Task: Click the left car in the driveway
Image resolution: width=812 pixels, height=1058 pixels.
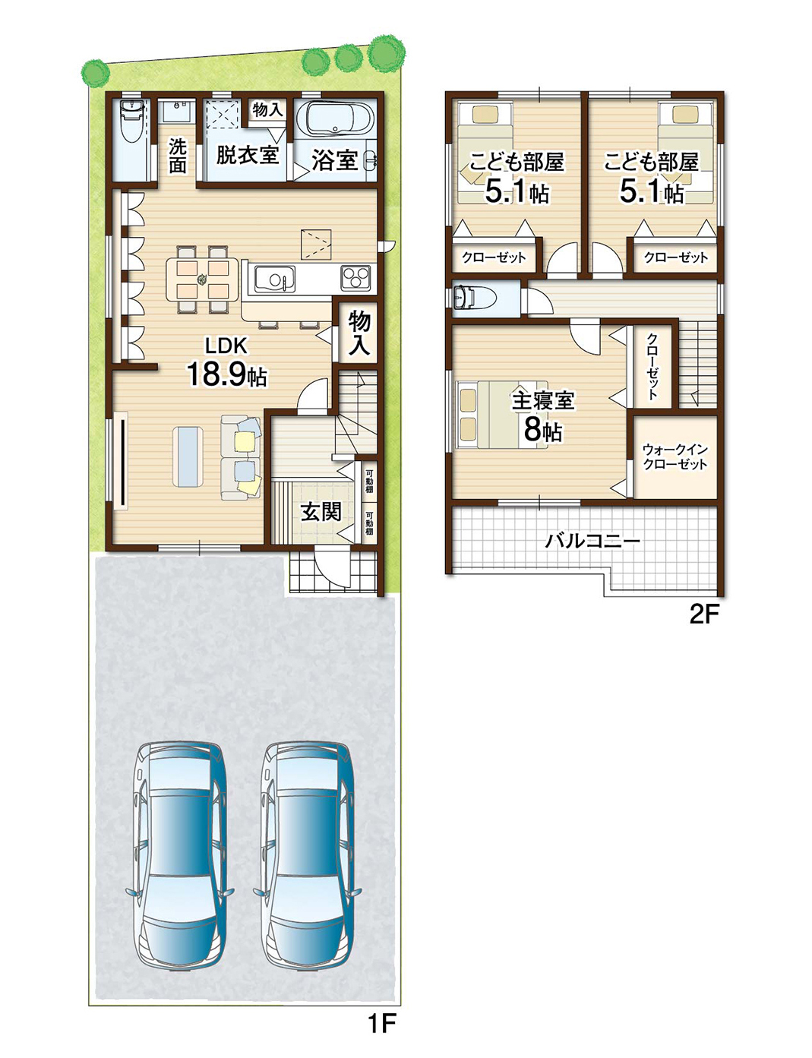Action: (180, 854)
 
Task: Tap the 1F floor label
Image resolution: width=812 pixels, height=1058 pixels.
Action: (382, 1023)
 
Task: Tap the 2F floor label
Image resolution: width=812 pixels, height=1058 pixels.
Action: (703, 614)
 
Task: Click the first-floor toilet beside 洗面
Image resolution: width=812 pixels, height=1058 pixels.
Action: (132, 121)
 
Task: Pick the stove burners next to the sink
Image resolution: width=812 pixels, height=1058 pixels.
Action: (355, 278)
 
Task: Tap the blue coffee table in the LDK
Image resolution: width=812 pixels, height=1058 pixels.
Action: (188, 455)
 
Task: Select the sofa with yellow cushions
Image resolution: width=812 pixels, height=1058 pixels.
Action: (242, 457)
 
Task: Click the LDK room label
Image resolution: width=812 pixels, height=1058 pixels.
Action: (226, 346)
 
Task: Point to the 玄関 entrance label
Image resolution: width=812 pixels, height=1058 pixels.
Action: (321, 512)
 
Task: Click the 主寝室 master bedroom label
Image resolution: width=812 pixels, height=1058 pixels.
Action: (542, 400)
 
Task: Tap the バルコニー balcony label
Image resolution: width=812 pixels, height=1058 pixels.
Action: (592, 541)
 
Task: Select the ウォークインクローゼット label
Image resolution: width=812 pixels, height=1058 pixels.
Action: (675, 456)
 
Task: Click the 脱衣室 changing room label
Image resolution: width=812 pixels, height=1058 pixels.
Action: (247, 155)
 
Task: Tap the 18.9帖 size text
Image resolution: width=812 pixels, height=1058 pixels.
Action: (226, 374)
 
